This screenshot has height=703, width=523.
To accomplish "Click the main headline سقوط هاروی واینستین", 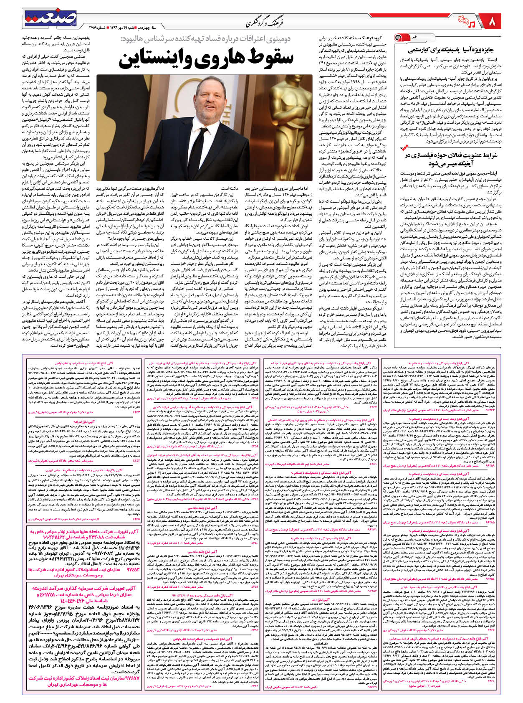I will (x=205, y=58).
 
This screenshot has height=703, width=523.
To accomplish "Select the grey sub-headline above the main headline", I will (x=207, y=38).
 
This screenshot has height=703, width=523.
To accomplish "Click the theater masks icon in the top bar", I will (x=459, y=19).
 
